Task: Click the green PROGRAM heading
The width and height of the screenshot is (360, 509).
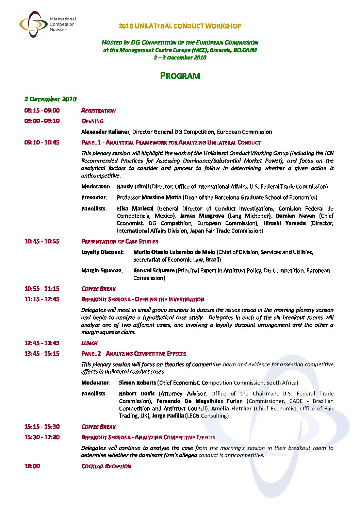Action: tap(180, 75)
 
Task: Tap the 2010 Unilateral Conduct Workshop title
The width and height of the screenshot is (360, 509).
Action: tap(180, 26)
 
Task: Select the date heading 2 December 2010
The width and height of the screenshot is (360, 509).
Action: tap(50, 99)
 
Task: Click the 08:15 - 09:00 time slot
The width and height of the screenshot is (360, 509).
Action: tap(42, 111)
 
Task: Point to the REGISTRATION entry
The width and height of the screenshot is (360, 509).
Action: tap(98, 111)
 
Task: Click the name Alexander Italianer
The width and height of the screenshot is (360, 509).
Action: tap(105, 132)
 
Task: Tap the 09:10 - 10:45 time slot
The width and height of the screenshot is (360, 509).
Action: tap(42, 142)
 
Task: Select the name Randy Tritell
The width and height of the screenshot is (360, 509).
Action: tap(133, 186)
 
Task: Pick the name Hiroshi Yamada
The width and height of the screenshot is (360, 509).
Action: tap(284, 223)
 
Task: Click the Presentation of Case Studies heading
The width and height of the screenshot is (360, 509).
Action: tap(120, 241)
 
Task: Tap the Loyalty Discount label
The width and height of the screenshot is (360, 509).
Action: tap(102, 252)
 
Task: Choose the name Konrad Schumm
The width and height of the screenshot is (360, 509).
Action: tap(154, 270)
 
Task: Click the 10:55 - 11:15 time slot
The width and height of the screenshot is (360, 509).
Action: tap(42, 289)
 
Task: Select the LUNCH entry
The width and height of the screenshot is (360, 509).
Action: tap(89, 343)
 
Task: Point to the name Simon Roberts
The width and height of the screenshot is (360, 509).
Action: tap(137, 383)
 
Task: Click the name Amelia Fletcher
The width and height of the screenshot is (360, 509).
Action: tap(231, 408)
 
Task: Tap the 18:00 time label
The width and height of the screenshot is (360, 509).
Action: tap(32, 466)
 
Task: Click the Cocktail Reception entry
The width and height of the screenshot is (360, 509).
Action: tap(106, 466)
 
